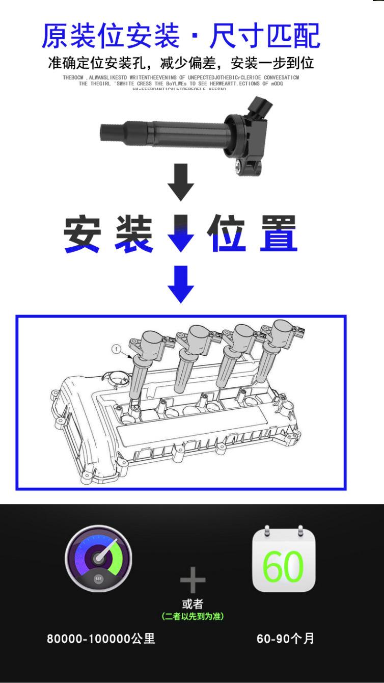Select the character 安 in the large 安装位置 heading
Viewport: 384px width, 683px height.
(81, 235)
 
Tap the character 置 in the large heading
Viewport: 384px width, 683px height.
(278, 235)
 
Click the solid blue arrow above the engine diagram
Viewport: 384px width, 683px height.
(181, 284)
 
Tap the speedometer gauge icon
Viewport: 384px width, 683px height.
(98, 559)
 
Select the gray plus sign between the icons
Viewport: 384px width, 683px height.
(193, 580)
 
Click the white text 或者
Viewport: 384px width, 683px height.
(193, 605)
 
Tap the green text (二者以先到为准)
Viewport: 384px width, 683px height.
(193, 617)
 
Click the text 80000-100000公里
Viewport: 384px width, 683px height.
(101, 639)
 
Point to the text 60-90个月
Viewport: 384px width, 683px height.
(285, 639)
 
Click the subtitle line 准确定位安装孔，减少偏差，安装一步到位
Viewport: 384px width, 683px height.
(181, 63)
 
